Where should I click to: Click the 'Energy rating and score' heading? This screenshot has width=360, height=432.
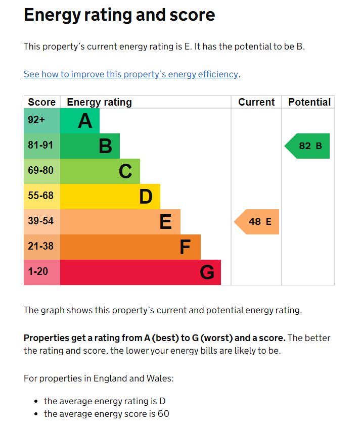(119, 15)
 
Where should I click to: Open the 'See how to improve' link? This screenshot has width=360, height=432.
(131, 74)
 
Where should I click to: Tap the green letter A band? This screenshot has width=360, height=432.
(80, 121)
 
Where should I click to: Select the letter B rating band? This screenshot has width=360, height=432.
(90, 146)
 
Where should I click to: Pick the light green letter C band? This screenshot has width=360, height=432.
(100, 171)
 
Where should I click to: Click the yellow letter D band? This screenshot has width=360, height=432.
(110, 197)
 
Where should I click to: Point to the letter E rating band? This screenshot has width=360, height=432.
(120, 222)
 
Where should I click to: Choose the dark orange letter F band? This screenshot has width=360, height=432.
(130, 247)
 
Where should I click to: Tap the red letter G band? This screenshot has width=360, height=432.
(141, 272)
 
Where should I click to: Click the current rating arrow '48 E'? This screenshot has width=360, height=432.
(257, 222)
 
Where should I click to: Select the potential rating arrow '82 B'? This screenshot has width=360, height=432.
(308, 146)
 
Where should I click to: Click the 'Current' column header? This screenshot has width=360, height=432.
(256, 102)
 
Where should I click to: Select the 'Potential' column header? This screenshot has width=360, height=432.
(309, 102)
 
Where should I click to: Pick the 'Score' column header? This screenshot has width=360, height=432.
(42, 102)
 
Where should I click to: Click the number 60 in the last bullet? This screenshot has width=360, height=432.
(163, 414)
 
